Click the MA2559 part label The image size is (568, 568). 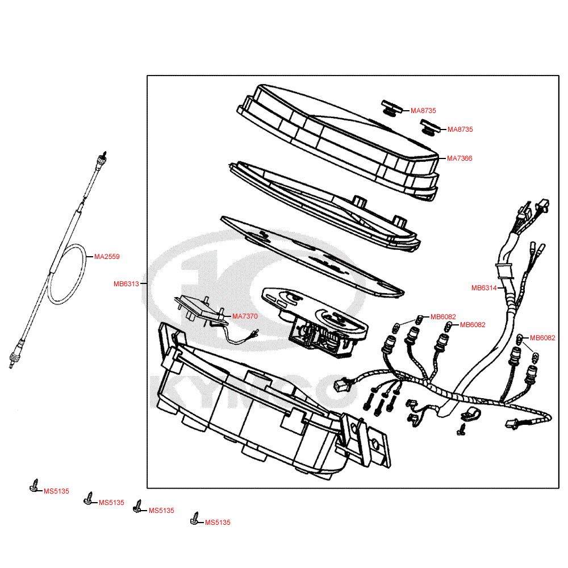pyautogui.click(x=107, y=257)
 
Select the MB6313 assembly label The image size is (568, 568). pyautogui.click(x=126, y=284)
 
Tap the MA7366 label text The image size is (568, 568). pyautogui.click(x=460, y=158)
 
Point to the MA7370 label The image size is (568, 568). pyautogui.click(x=245, y=316)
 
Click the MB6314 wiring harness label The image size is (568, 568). pyautogui.click(x=484, y=288)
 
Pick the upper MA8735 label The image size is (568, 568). pyautogui.click(x=423, y=111)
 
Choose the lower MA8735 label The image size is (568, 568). pyautogui.click(x=460, y=130)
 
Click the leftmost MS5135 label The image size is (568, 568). pyautogui.click(x=56, y=491)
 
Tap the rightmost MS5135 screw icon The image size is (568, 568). pyautogui.click(x=195, y=519)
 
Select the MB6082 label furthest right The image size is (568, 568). pyautogui.click(x=542, y=338)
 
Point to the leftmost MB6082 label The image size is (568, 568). pyautogui.click(x=443, y=317)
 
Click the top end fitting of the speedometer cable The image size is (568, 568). pyautogui.click(x=103, y=158)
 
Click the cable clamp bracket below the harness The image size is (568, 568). pyautogui.click(x=470, y=415)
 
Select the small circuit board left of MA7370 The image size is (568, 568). pyautogui.click(x=196, y=307)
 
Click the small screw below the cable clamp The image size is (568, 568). pyautogui.click(x=461, y=431)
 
